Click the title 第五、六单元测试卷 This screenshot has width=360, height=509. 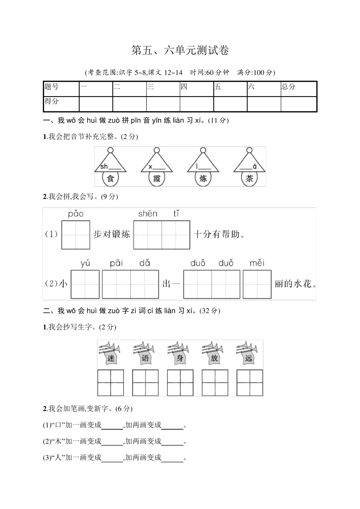[x=180, y=50]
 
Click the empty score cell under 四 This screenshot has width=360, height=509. [x=197, y=104]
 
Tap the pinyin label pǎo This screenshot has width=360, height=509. [x=76, y=214]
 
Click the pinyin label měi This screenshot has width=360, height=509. [x=257, y=263]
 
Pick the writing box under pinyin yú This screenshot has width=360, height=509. [x=85, y=284]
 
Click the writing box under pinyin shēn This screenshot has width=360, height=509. [x=148, y=235]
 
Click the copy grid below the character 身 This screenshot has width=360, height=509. [x=180, y=383]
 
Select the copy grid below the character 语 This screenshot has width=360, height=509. [x=145, y=383]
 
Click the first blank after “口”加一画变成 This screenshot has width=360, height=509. [x=112, y=425]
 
